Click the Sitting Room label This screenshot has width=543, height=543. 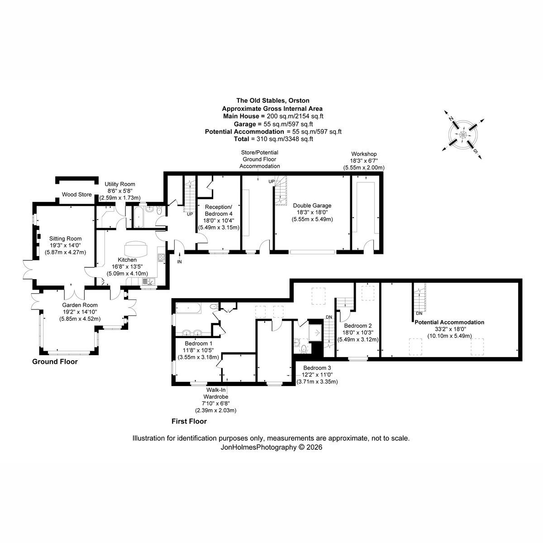(65, 238)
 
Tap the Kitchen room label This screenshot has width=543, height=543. (127, 260)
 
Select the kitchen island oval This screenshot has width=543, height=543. (136, 249)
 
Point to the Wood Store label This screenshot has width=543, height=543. (76, 195)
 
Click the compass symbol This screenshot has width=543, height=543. (463, 135)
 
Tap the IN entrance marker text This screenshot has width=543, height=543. (180, 262)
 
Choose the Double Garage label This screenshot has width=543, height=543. (312, 205)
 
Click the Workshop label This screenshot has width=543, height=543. (364, 154)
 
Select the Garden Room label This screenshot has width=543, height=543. (80, 305)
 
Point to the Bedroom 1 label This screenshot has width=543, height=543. (198, 343)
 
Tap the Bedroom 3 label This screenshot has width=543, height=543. (317, 368)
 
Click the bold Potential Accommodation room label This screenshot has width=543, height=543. (449, 322)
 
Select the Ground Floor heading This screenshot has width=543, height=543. (55, 362)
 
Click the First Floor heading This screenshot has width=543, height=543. (189, 421)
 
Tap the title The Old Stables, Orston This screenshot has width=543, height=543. (273, 100)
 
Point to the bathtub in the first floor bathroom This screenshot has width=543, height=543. (188, 308)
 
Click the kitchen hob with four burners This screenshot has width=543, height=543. (162, 257)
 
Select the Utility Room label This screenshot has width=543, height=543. (120, 184)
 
